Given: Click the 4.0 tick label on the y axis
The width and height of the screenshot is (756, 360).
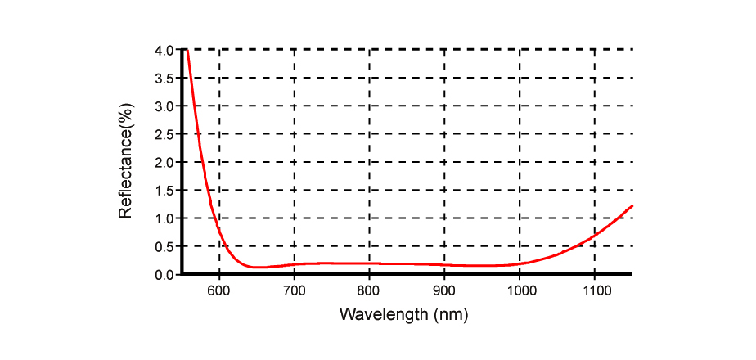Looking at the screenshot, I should point(164,50).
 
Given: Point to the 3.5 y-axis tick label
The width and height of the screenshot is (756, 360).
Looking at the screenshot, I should point(164,79).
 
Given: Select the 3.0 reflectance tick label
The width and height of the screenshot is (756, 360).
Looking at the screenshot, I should point(164,106).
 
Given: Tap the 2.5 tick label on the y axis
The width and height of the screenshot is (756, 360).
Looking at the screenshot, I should point(164,134).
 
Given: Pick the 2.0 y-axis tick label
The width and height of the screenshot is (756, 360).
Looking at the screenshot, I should point(164,162).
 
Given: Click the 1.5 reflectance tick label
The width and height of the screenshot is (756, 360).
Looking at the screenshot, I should point(164,191).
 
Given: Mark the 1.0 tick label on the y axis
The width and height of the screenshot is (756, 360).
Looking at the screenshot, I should point(164,218).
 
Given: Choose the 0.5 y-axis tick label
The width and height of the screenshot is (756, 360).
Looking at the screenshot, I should point(164,246).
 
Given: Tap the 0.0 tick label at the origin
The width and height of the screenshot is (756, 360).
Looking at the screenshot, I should point(164,275).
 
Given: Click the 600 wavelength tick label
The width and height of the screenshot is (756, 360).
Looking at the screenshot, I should point(218,290).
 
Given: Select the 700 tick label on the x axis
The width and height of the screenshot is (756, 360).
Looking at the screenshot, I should point(294,290).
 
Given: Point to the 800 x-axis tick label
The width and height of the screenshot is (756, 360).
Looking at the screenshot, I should point(369,290).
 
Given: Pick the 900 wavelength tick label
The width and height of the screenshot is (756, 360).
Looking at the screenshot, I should point(444,290).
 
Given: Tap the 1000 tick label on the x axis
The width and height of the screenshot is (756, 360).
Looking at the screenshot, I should point(520,290).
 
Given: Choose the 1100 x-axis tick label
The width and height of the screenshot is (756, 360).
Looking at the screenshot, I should point(595,290).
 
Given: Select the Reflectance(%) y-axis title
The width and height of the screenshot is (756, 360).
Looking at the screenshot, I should point(125,161).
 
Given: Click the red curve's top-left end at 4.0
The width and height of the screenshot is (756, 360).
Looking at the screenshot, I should point(187,51).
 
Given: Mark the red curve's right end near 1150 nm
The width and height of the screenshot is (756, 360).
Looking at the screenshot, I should point(632,206).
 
